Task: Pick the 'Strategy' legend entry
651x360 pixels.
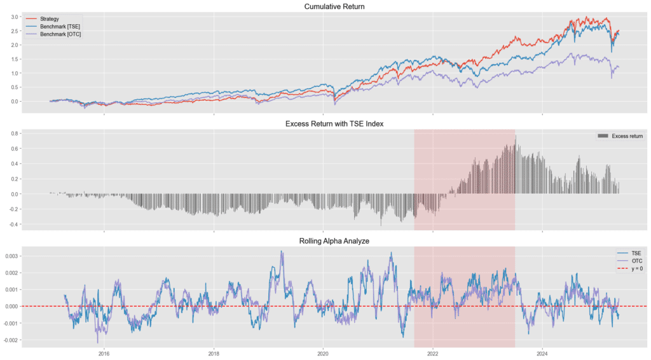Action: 49,19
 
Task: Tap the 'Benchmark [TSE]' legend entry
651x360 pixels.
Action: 60,26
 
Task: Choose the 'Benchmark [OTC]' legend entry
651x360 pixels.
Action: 60,34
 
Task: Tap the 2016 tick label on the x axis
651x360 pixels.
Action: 104,353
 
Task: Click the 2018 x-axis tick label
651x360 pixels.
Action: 214,353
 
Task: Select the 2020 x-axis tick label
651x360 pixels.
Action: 323,353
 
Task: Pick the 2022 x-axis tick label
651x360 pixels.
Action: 432,353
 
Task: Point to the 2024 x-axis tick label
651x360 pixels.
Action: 542,353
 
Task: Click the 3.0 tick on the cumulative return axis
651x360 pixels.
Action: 14,17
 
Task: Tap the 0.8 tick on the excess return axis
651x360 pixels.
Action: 14,134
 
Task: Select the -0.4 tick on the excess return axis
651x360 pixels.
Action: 12,225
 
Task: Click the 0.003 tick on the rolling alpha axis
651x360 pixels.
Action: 11,256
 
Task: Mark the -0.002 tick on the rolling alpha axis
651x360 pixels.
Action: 10,340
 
